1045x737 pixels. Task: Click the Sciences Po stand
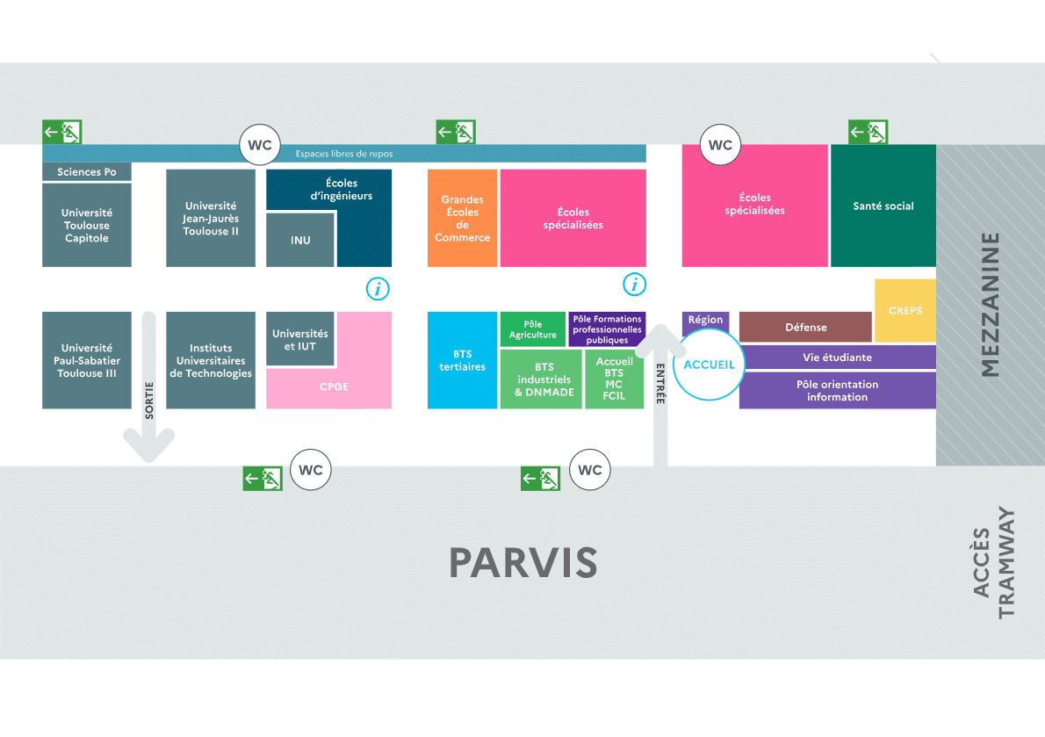pos(87,172)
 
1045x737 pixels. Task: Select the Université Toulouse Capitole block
pos(87,225)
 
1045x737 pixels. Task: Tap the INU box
pos(300,240)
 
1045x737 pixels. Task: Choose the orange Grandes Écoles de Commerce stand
pos(462,218)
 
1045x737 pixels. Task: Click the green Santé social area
pos(883,206)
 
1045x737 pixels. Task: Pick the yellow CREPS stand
pos(905,310)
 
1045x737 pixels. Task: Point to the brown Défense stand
pos(805,327)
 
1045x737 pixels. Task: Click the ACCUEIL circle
pos(708,365)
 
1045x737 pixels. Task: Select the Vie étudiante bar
pos(837,358)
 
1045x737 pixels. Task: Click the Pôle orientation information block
pos(837,391)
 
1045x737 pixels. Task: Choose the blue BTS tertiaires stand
pos(462,360)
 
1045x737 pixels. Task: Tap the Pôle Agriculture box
pos(533,329)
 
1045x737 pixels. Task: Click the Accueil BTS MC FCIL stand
pos(614,379)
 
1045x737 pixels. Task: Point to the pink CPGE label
pos(334,387)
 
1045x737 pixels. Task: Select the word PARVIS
pos(523,562)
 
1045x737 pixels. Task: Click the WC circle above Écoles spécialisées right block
pos(720,145)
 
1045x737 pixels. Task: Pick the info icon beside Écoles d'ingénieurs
pos(378,288)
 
